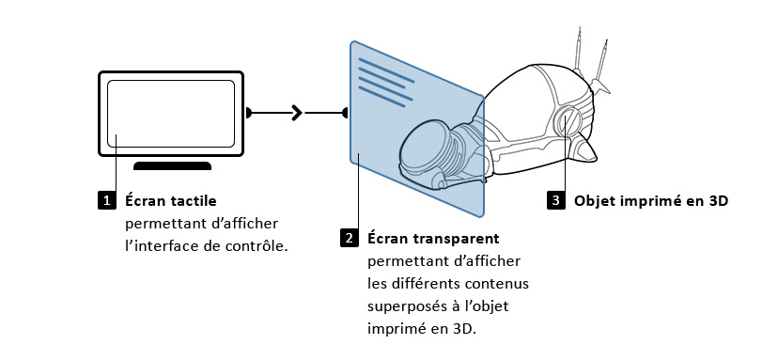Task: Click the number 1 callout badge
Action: coord(106,200)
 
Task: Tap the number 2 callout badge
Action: coord(350,238)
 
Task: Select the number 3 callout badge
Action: coord(556,200)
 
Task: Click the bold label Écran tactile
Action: coord(171,200)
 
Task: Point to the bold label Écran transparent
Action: coord(433,238)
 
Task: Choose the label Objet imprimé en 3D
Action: coord(651,200)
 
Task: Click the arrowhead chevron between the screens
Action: coord(297,114)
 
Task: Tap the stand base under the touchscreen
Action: coord(172,166)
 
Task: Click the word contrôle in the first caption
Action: coord(257,245)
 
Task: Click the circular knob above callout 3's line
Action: coord(568,123)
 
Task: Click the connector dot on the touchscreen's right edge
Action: coord(248,114)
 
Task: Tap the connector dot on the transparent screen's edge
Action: coord(347,114)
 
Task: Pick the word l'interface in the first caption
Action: coord(163,245)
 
